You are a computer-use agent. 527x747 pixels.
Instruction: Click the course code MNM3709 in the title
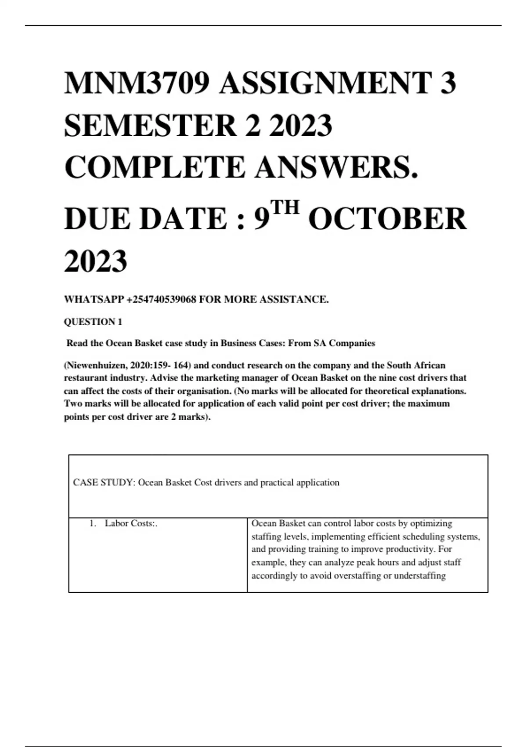[137, 83]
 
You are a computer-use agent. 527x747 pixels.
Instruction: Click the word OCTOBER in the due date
[387, 219]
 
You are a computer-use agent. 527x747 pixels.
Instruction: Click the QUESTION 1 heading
[93, 322]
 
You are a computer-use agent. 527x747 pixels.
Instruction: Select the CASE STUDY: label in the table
[104, 482]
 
